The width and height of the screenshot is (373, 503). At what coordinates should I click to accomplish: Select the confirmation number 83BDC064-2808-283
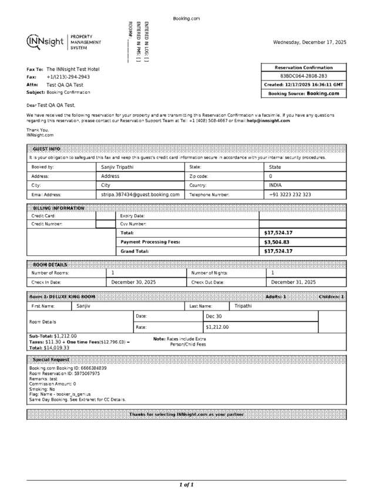pyautogui.click(x=304, y=76)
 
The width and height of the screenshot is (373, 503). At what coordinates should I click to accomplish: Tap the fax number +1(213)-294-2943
pyautogui.click(x=68, y=77)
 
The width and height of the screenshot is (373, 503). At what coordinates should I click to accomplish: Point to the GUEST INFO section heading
pyautogui.click(x=46, y=149)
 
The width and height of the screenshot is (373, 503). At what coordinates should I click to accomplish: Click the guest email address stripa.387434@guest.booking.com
pyautogui.click(x=140, y=194)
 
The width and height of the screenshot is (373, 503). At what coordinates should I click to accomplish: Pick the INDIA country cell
pyautogui.click(x=275, y=185)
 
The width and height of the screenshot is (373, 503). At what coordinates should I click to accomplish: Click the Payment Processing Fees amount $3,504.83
pyautogui.click(x=278, y=242)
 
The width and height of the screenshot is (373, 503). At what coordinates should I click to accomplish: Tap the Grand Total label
pyautogui.click(x=135, y=251)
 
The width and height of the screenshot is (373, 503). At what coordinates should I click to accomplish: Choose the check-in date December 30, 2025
pyautogui.click(x=133, y=282)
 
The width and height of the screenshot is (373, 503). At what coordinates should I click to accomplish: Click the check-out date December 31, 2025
pyautogui.click(x=293, y=282)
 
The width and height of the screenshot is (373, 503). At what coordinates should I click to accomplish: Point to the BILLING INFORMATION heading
pyautogui.click(x=59, y=208)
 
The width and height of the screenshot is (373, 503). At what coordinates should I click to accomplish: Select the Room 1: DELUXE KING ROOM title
pyautogui.click(x=62, y=297)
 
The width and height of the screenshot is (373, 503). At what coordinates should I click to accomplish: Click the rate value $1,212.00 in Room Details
pyautogui.click(x=217, y=327)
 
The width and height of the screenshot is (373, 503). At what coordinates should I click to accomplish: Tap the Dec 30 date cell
pyautogui.click(x=214, y=316)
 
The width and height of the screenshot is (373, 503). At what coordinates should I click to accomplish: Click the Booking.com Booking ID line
pyautogui.click(x=68, y=368)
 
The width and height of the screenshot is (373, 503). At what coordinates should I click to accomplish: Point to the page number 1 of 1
pyautogui.click(x=186, y=485)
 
